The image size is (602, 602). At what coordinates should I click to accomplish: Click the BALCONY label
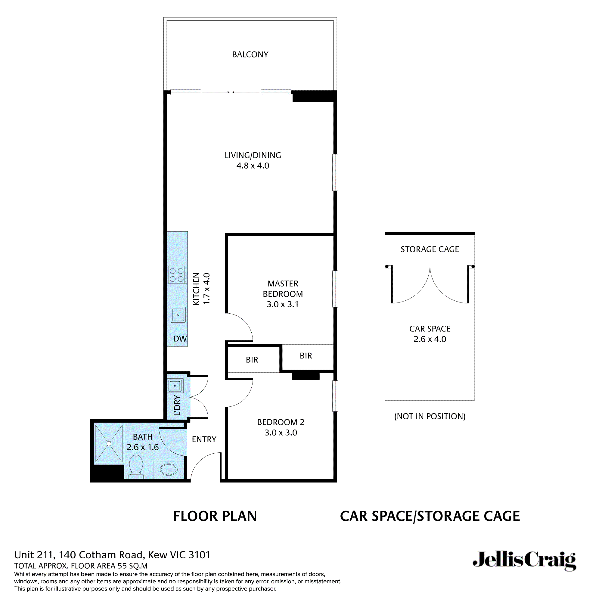[250, 54]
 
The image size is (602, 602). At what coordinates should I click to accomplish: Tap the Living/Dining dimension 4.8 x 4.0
[253, 166]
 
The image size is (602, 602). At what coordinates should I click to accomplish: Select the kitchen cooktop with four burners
[177, 275]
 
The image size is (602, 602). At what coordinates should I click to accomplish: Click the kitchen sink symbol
[178, 315]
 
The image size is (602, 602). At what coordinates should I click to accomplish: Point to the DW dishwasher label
[180, 339]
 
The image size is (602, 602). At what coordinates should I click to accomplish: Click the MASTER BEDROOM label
[283, 289]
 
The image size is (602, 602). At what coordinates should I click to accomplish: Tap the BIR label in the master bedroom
[306, 356]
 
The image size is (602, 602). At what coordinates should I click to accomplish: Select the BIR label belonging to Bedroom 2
[252, 360]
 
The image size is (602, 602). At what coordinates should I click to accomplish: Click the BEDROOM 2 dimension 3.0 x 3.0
[281, 433]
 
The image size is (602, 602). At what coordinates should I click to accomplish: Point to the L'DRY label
[177, 405]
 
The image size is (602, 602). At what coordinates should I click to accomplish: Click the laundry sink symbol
[175, 386]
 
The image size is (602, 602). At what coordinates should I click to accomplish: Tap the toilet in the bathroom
[136, 465]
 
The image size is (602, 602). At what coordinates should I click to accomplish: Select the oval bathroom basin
[169, 470]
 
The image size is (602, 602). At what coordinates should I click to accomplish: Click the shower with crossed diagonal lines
[109, 443]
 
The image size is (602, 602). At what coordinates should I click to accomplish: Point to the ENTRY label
[204, 439]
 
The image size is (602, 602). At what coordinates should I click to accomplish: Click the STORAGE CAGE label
[430, 249]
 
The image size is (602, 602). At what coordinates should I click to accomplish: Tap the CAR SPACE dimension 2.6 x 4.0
[430, 339]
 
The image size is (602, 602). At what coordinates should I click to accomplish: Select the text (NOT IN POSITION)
[430, 416]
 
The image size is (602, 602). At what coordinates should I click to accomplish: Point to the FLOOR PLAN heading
[215, 516]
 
